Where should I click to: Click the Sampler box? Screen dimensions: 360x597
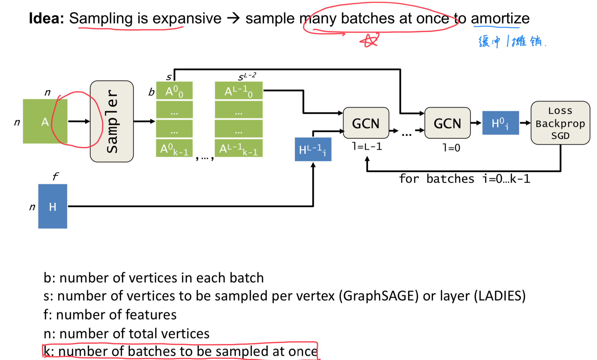click(x=112, y=121)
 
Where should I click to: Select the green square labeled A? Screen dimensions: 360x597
click(x=45, y=121)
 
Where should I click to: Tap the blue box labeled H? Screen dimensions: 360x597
click(x=52, y=206)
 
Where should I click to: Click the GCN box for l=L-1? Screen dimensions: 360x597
click(x=366, y=123)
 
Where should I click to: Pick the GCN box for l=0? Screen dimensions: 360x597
click(x=447, y=123)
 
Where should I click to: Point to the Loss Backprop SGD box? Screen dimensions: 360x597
click(x=560, y=123)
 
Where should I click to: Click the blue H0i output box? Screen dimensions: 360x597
click(x=500, y=123)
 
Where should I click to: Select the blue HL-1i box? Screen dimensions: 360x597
click(x=313, y=149)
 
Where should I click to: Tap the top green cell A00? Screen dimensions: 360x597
click(x=174, y=91)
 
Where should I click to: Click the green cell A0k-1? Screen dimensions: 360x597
click(x=174, y=148)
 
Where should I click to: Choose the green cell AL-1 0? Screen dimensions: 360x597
click(x=238, y=91)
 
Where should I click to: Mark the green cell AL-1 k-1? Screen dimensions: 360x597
click(x=238, y=148)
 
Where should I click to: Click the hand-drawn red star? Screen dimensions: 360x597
click(x=370, y=40)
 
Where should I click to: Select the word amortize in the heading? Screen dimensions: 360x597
click(x=500, y=18)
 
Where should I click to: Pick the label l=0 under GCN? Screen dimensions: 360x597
click(x=451, y=148)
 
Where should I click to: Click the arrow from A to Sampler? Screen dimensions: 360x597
click(x=79, y=121)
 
